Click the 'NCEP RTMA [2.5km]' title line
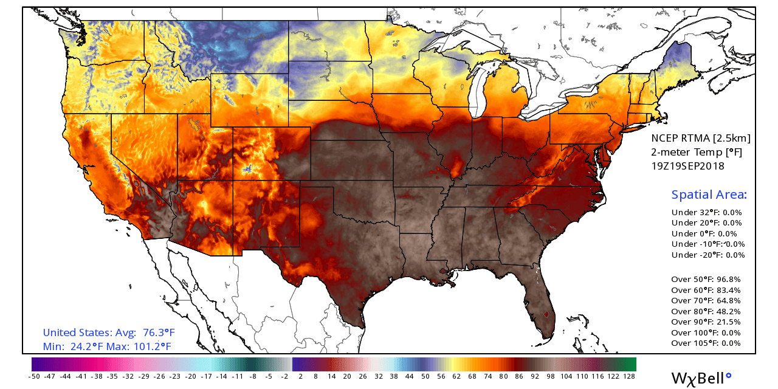[701, 139]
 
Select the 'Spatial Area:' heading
[709, 195]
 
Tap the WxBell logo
[701, 377]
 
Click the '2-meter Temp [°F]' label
[697, 152]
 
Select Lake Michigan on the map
[480, 91]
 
